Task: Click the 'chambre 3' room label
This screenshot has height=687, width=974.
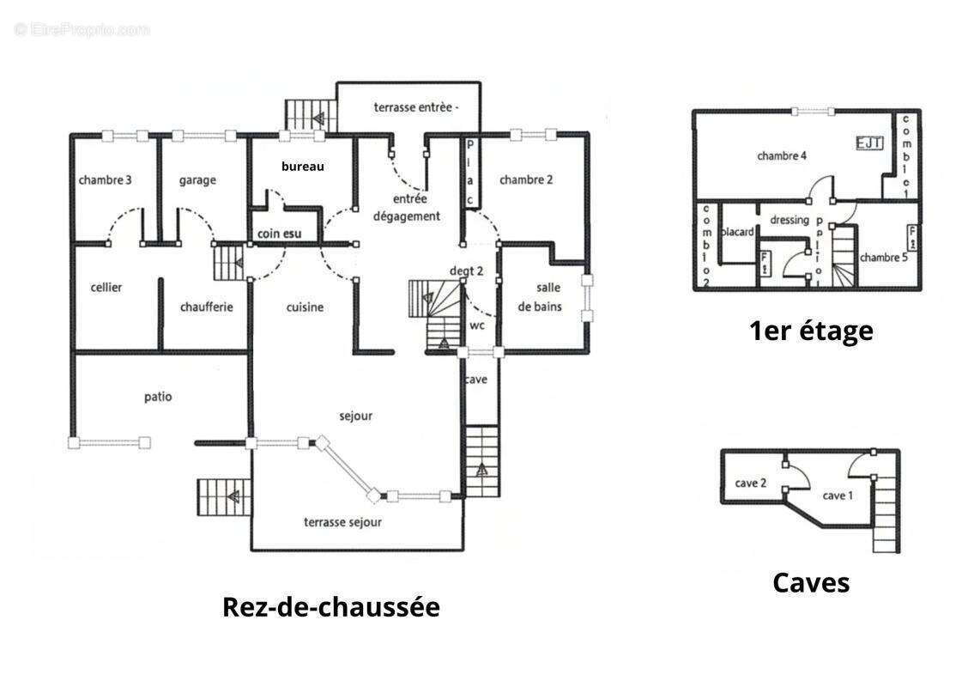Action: [105, 180]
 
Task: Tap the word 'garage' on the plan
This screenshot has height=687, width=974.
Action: [197, 180]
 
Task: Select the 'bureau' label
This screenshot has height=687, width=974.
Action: [303, 167]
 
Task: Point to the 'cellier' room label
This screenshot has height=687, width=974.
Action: [106, 288]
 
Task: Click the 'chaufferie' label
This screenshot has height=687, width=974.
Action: [207, 307]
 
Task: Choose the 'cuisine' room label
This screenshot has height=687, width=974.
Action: [305, 307]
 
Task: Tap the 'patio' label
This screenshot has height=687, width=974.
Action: [158, 397]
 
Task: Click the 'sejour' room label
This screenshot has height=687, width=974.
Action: [356, 416]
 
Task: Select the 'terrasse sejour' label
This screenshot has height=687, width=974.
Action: [342, 522]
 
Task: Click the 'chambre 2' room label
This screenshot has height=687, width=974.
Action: [525, 180]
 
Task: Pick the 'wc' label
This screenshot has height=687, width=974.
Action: [478, 326]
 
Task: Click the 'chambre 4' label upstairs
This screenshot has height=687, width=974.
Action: [782, 156]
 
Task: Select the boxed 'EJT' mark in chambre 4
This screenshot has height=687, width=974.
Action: [868, 143]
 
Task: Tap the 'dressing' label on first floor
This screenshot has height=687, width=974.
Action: [789, 220]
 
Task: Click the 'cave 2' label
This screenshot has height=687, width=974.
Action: [750, 483]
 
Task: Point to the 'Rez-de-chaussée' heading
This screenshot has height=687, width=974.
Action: [330, 606]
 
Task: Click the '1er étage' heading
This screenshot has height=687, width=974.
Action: [811, 331]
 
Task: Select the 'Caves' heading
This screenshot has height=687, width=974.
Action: [811, 582]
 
